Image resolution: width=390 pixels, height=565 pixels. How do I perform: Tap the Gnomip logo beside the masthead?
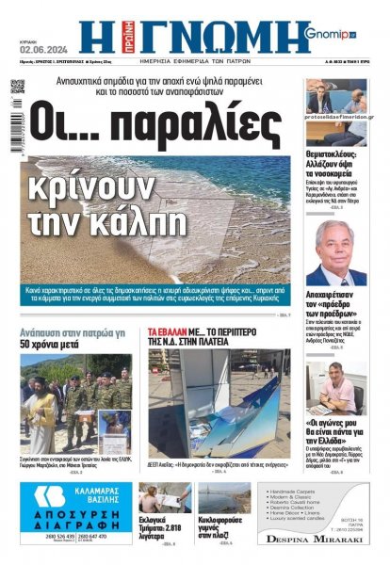(x=331, y=35)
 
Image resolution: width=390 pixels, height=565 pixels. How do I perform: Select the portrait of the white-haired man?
(x=338, y=251)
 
